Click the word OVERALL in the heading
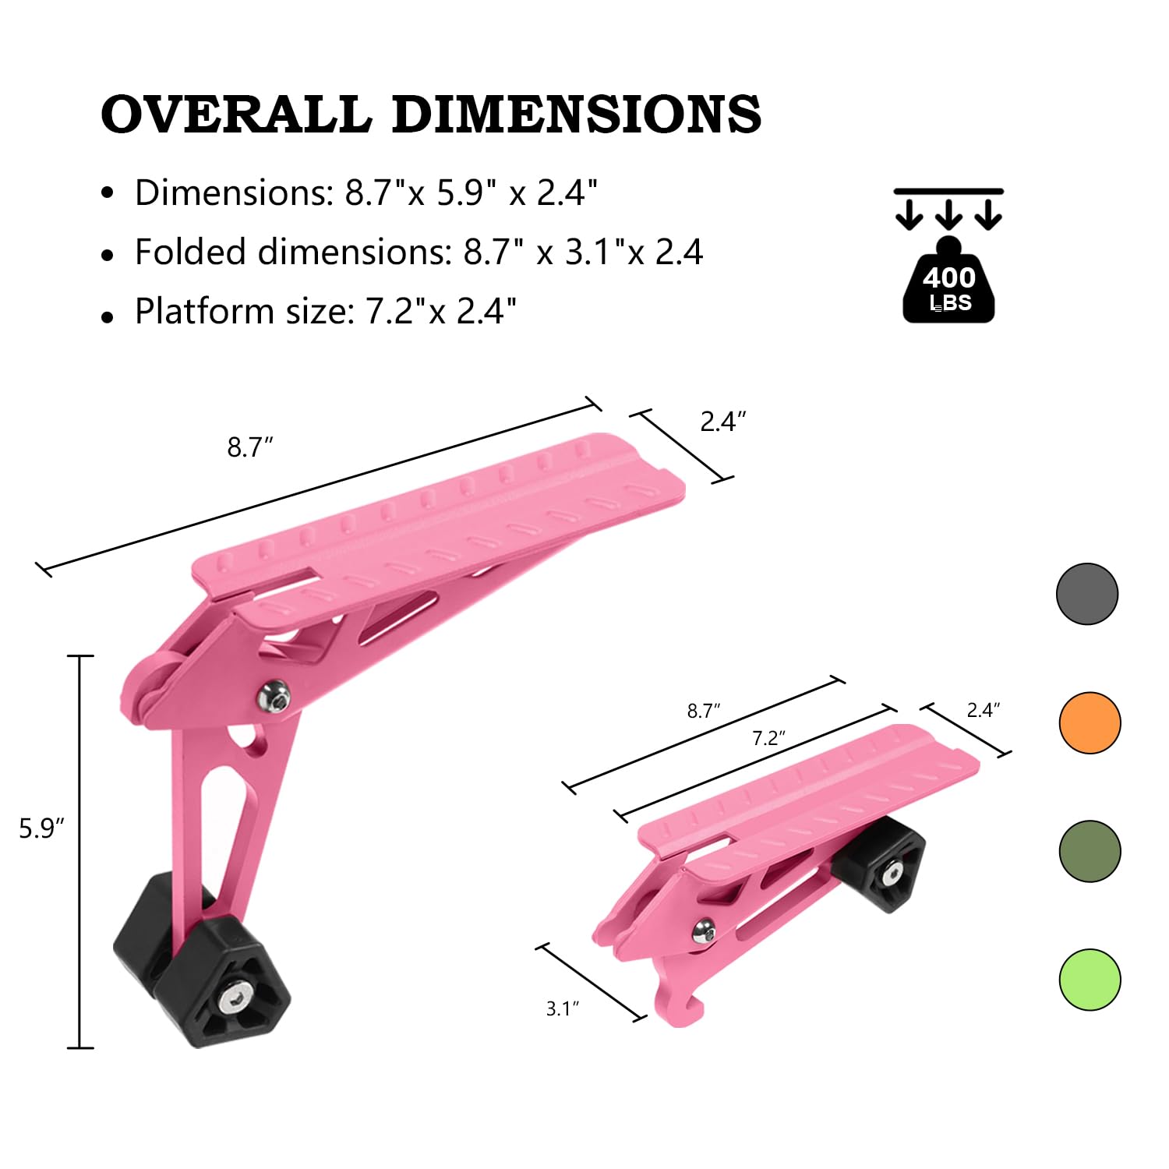(x=235, y=115)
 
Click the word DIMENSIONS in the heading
(x=576, y=115)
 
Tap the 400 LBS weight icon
(x=948, y=284)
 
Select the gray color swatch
(x=1087, y=594)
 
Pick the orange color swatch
(x=1090, y=722)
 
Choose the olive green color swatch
(x=1090, y=851)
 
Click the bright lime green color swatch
(x=1090, y=980)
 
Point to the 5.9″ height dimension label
(x=41, y=828)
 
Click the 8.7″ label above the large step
(x=250, y=447)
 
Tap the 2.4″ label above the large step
(x=723, y=422)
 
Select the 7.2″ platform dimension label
(x=768, y=738)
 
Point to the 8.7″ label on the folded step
(x=703, y=711)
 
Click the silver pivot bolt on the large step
(x=275, y=694)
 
